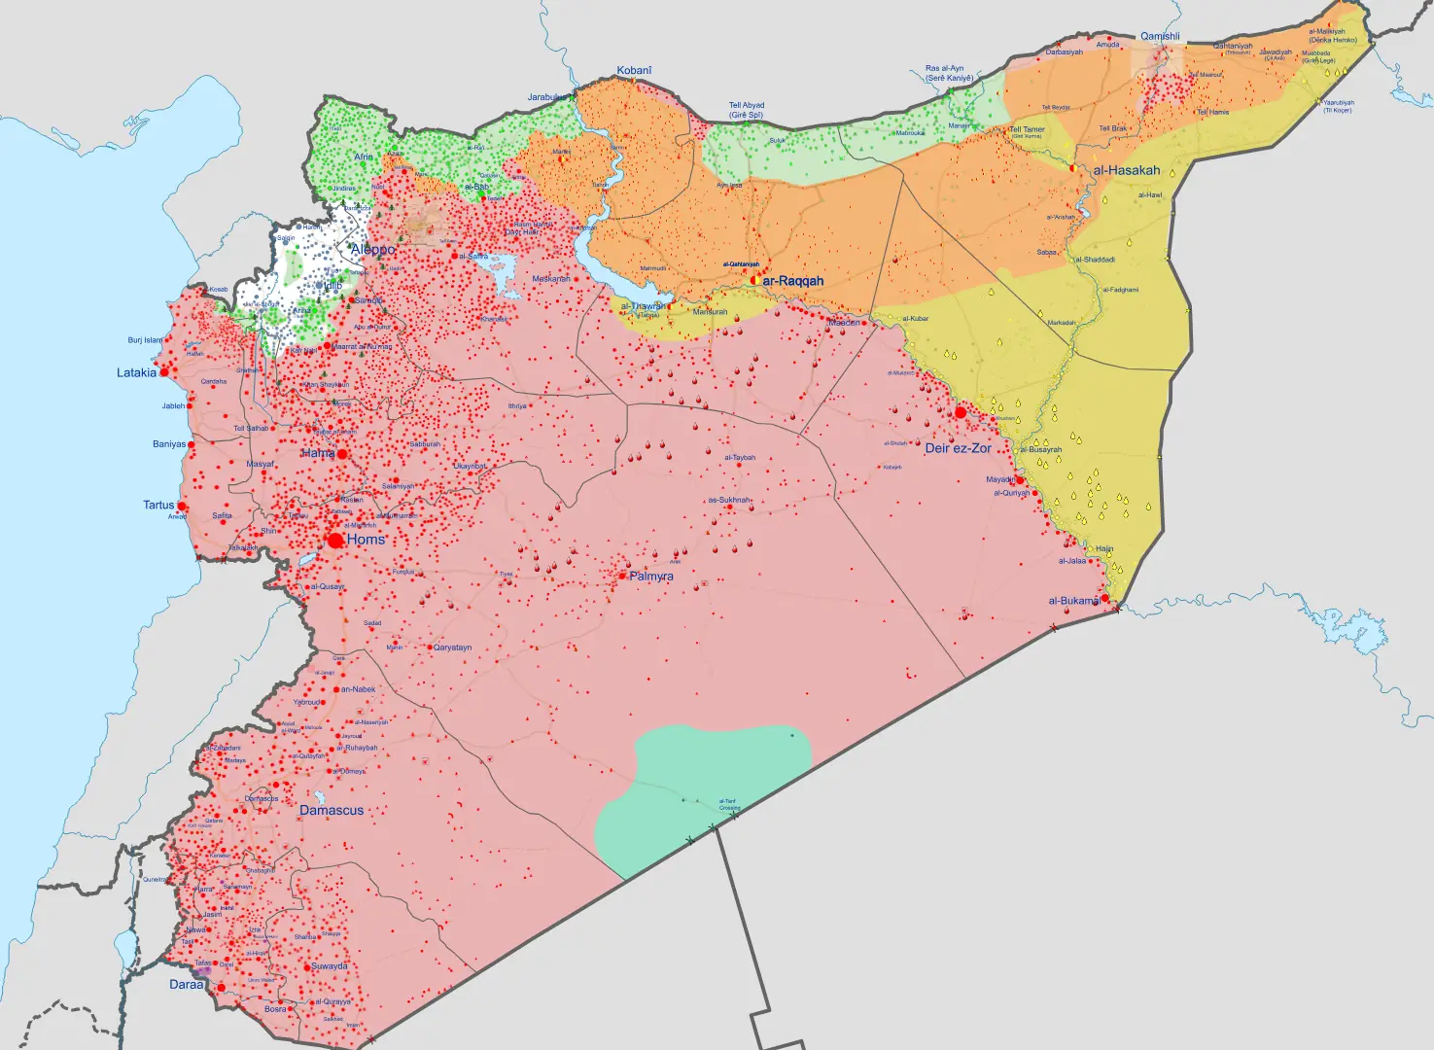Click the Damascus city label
click(x=332, y=810)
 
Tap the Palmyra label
click(x=651, y=577)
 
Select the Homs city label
click(x=366, y=540)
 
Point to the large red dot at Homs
click(x=335, y=540)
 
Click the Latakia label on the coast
click(x=136, y=372)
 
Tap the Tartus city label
click(x=158, y=505)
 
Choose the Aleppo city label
click(x=372, y=250)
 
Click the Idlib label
click(x=332, y=286)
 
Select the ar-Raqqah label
click(x=792, y=281)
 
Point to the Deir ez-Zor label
click(x=958, y=448)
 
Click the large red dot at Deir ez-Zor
click(x=961, y=412)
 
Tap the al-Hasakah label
click(x=1126, y=170)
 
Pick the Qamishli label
click(x=1160, y=36)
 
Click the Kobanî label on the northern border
click(x=634, y=70)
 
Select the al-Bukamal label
click(x=1073, y=601)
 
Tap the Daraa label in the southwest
click(x=186, y=984)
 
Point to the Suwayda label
click(x=330, y=966)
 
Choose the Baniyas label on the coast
click(x=169, y=444)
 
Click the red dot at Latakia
click(x=164, y=371)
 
